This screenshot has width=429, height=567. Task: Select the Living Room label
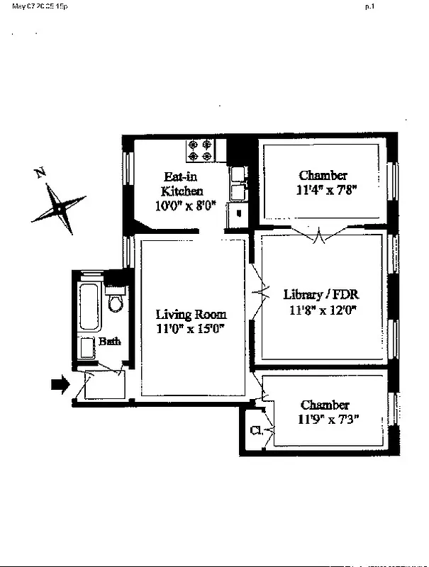[191, 315]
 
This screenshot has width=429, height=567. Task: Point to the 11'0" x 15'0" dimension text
[191, 328]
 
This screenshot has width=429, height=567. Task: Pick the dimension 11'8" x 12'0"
[322, 309]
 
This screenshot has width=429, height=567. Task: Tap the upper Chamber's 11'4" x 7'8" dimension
[323, 189]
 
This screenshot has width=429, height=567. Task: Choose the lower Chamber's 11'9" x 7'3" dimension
[325, 418]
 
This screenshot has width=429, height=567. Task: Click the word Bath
[110, 342]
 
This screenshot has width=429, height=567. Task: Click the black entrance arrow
[62, 385]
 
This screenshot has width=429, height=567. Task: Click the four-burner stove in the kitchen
[200, 150]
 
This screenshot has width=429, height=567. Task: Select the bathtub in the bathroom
[90, 306]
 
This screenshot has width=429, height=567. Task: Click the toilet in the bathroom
[116, 302]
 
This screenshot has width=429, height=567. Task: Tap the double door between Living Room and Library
[258, 291]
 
